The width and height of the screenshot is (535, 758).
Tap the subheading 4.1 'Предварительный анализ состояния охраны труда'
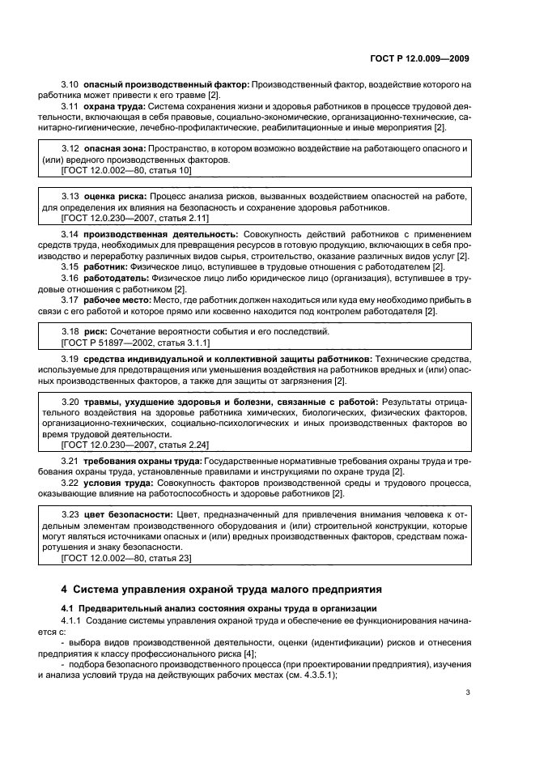tap(212, 607)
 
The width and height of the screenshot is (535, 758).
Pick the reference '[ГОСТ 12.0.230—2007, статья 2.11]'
tap(135, 219)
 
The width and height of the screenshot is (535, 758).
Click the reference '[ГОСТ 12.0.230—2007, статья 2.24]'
tap(135, 445)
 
